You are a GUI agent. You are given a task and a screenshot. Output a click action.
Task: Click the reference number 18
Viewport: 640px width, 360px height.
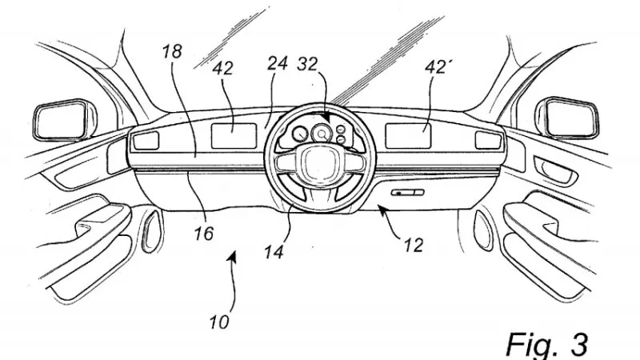(x=171, y=52)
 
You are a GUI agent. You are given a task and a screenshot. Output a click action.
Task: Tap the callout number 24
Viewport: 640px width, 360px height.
(x=278, y=64)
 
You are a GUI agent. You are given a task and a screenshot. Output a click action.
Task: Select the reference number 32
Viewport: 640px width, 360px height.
(x=307, y=64)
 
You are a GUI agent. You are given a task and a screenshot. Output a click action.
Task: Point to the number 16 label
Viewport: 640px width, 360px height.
(x=204, y=234)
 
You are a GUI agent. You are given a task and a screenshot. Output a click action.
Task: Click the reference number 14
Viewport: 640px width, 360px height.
(x=274, y=252)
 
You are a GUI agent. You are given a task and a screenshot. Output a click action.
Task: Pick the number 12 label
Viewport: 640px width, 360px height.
(x=413, y=246)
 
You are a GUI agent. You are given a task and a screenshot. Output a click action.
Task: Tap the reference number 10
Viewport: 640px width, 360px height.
(x=219, y=322)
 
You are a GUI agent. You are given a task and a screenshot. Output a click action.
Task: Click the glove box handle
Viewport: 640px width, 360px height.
(x=407, y=192)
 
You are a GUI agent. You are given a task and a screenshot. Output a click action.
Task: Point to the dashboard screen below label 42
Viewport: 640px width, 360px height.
(x=234, y=136)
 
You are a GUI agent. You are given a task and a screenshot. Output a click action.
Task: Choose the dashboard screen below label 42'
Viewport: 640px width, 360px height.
(x=408, y=135)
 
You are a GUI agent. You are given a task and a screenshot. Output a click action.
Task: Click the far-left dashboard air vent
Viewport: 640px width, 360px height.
(x=146, y=140)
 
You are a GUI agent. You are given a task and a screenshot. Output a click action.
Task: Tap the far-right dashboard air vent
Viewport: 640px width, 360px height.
(x=488, y=140)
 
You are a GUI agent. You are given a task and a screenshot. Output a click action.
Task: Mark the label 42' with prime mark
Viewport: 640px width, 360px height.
(x=436, y=67)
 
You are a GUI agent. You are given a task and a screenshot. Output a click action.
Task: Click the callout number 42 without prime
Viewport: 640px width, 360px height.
(x=223, y=68)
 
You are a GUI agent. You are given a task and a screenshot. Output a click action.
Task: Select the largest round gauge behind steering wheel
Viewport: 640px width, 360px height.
(x=322, y=134)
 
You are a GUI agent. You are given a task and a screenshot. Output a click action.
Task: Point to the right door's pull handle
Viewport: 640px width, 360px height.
(x=555, y=170)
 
